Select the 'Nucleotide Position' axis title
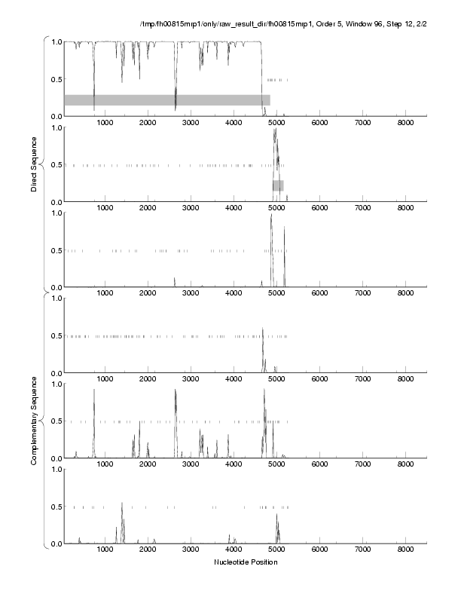pyautogui.click(x=246, y=562)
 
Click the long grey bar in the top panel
pyautogui.click(x=166, y=99)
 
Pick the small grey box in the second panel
pyautogui.click(x=278, y=185)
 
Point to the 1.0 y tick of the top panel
pyautogui.click(x=56, y=41)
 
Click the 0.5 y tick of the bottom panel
pyautogui.click(x=56, y=507)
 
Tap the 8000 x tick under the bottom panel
pyautogui.click(x=406, y=550)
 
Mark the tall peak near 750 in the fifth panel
pyautogui.click(x=94, y=390)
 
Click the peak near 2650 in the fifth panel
pyautogui.click(x=175, y=390)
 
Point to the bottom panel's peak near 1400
pyautogui.click(x=122, y=504)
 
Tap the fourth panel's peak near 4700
pyautogui.click(x=263, y=329)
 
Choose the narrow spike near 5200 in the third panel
pyautogui.click(x=285, y=227)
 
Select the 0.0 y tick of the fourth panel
pyautogui.click(x=56, y=373)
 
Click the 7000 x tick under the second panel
pyautogui.click(x=363, y=208)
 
